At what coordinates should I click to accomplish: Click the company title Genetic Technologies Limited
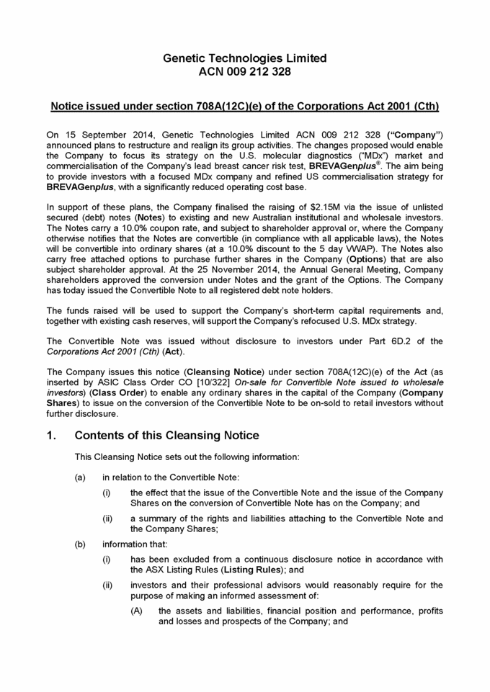pos(244,58)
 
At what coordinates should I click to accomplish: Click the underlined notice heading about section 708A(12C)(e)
pos(244,107)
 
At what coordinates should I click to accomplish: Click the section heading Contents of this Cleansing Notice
pos(166,436)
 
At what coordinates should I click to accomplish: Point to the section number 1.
pos(51,436)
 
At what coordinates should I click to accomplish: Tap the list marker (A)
pos(136,611)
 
